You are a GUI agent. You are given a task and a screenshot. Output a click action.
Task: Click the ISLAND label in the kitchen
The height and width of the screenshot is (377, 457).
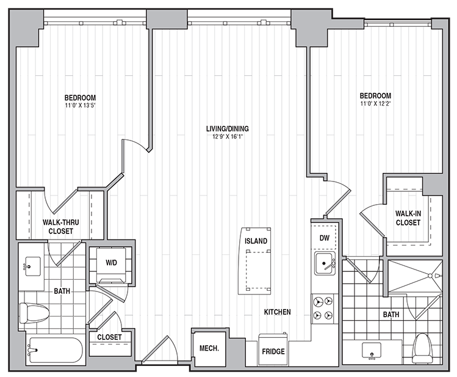tap(256, 241)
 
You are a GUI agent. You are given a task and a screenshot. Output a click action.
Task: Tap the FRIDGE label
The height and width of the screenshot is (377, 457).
tap(273, 351)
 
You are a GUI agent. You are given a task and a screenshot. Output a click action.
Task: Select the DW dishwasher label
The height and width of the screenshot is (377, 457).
tap(325, 238)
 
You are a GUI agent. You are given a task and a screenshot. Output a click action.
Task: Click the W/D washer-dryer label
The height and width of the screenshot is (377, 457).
tap(111, 263)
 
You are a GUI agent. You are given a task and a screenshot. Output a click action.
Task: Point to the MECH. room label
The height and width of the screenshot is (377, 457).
tap(209, 348)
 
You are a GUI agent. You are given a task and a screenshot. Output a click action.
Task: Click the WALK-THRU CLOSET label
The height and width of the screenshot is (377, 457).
tap(60, 227)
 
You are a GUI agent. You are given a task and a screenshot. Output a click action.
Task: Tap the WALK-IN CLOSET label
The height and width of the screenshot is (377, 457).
tap(408, 218)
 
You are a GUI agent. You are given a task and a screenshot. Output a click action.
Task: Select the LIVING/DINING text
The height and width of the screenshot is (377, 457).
tap(228, 129)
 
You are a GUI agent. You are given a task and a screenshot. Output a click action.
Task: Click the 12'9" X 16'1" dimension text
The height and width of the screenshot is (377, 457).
tap(228, 136)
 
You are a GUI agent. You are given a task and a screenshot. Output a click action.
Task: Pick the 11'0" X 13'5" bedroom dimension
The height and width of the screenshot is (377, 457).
tap(80, 105)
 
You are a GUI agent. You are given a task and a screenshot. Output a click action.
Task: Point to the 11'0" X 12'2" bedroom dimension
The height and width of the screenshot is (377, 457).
tap(375, 103)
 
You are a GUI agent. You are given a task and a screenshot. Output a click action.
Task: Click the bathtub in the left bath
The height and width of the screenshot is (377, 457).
tap(56, 350)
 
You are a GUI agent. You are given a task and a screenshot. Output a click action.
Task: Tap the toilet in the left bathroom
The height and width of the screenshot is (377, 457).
tap(34, 313)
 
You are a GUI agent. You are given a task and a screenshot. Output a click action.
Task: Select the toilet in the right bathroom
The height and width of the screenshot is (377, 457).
tap(422, 349)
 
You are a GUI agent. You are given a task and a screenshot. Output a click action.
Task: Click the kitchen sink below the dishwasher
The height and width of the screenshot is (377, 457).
tap(325, 264)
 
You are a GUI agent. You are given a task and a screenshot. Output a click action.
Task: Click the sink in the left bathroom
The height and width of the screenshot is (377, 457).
tap(33, 266)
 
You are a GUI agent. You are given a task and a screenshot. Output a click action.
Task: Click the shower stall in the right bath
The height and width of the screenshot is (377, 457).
tap(416, 276)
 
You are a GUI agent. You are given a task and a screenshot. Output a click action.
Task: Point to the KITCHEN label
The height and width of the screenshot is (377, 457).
tap(277, 312)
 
